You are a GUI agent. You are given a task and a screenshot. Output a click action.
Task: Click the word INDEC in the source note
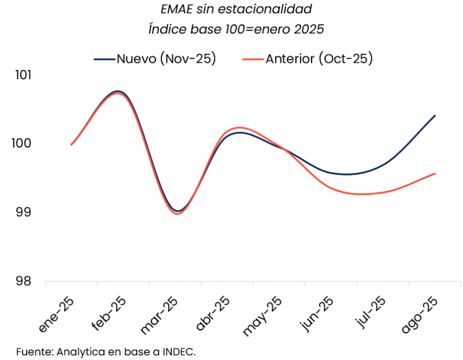pyautogui.click(x=179, y=352)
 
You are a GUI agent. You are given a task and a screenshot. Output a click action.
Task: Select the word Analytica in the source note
pyautogui.click(x=77, y=352)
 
